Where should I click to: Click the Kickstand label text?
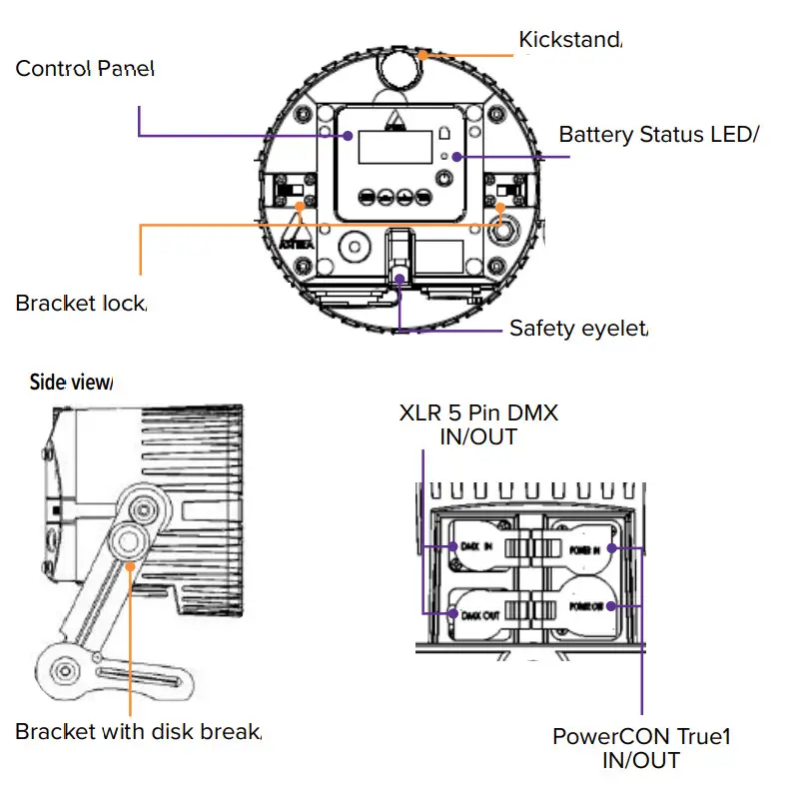pyautogui.click(x=569, y=41)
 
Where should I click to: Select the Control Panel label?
pyautogui.click(x=85, y=69)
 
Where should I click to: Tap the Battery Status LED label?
pyautogui.click(x=654, y=135)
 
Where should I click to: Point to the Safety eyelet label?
pyautogui.click(x=578, y=328)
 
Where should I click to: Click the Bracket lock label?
pyautogui.click(x=81, y=303)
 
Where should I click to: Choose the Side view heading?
pyautogui.click(x=71, y=382)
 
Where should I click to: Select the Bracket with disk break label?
pyautogui.click(x=138, y=732)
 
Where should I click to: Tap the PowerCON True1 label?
pyautogui.click(x=642, y=748)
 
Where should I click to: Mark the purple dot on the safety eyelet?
pyautogui.click(x=401, y=278)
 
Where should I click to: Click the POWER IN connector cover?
pyautogui.click(x=584, y=548)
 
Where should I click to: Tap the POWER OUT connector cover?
pyautogui.click(x=584, y=606)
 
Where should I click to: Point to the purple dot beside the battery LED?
pyautogui.click(x=456, y=156)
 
